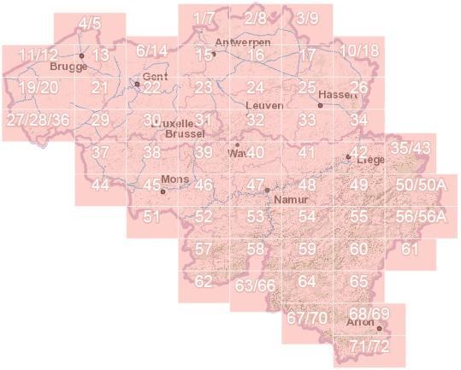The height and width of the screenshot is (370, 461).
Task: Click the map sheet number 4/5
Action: (x=89, y=25)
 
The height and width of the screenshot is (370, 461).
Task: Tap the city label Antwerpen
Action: (x=244, y=43)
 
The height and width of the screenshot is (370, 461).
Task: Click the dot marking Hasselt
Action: (x=320, y=105)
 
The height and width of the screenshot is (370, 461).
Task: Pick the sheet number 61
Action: (x=411, y=249)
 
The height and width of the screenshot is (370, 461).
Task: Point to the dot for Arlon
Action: (x=379, y=327)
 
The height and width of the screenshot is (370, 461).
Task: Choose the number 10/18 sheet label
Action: (x=358, y=50)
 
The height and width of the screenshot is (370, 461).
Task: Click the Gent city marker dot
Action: (x=137, y=84)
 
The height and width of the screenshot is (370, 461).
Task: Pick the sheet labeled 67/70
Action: (x=307, y=317)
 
